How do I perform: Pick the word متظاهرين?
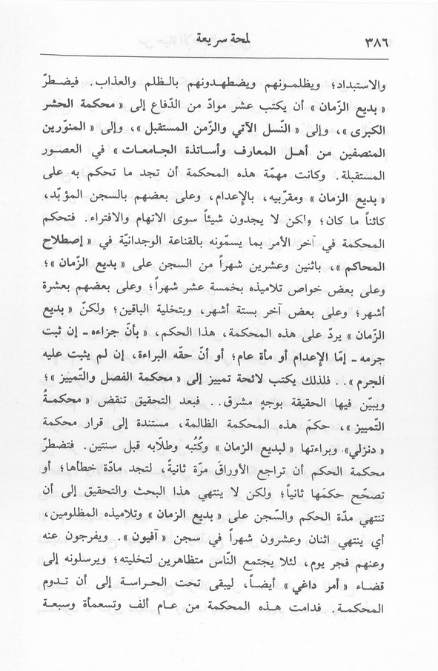(x=166, y=551)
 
